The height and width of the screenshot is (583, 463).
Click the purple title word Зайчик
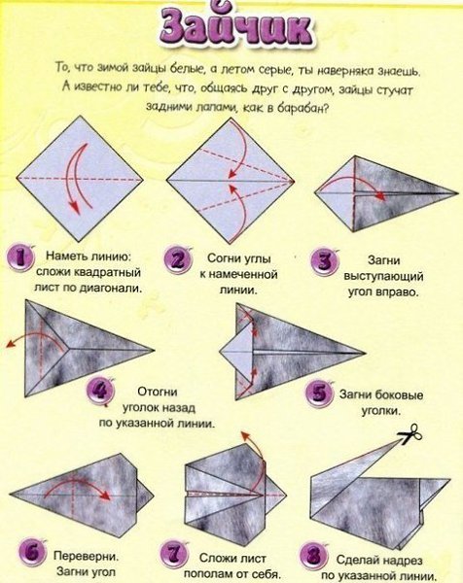(x=237, y=28)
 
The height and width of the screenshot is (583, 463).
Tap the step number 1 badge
(x=20, y=257)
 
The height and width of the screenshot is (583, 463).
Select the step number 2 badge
(x=178, y=259)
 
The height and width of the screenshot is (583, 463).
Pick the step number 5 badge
(x=319, y=394)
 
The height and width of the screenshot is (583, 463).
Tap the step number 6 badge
(x=32, y=553)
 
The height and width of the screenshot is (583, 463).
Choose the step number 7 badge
(x=174, y=554)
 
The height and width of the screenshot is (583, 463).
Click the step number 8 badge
(x=314, y=556)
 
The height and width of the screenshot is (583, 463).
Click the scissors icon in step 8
(x=410, y=434)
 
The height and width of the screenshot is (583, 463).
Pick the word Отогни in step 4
(x=158, y=392)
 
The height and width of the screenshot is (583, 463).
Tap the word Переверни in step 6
(x=87, y=556)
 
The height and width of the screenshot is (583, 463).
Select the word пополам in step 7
(x=208, y=573)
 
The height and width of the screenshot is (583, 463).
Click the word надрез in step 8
(x=400, y=560)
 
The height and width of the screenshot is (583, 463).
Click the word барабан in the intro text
(x=303, y=109)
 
